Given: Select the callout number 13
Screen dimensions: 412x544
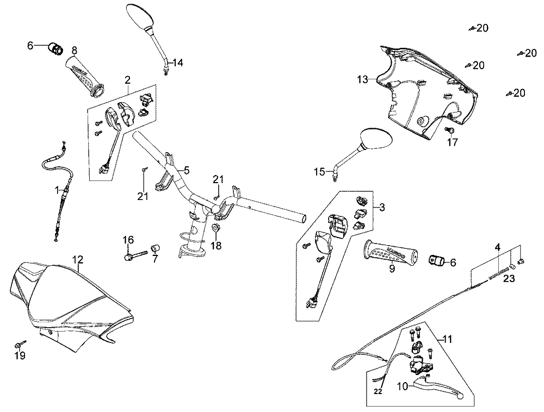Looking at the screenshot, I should [362, 80].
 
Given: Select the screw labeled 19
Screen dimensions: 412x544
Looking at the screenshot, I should [19, 344].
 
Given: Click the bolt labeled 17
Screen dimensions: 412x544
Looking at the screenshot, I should [450, 130].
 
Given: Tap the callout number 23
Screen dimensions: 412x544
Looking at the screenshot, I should [508, 279].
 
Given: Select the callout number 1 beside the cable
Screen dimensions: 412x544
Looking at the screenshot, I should [57, 190].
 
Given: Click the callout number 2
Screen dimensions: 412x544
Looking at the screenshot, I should [127, 80].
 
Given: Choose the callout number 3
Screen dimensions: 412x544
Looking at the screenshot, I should [382, 207].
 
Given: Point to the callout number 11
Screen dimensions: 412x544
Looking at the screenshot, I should [447, 339].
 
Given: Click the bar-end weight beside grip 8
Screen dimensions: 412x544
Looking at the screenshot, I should [55, 48].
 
